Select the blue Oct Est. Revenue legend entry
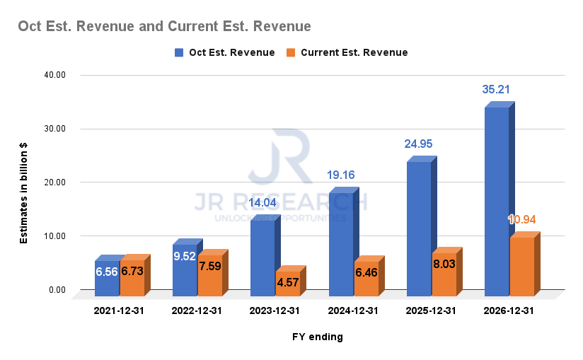224,52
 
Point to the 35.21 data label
496,89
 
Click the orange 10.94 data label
521,219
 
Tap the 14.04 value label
264,203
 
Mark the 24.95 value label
418,144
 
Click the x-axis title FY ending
318,337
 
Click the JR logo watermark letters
281,156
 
